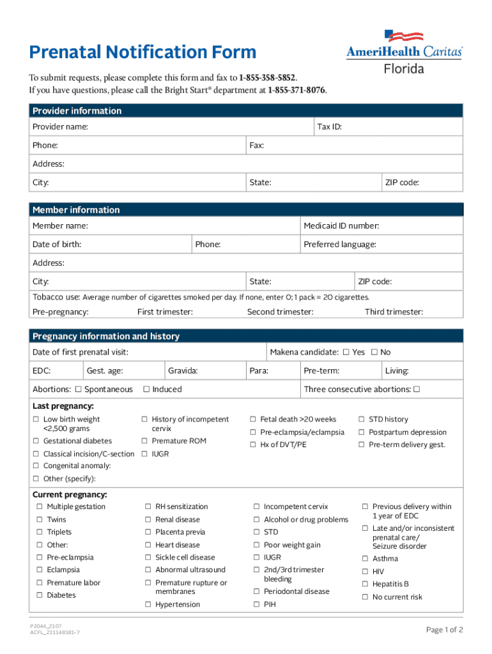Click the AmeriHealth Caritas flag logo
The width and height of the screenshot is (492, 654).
[404, 37]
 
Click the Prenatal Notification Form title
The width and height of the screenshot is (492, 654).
[142, 52]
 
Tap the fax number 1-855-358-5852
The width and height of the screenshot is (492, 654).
[267, 78]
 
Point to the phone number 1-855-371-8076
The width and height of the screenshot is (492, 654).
[296, 90]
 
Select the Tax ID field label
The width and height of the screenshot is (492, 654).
[329, 127]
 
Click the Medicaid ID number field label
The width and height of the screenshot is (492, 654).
[341, 226]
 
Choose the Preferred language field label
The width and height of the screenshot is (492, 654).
[339, 245]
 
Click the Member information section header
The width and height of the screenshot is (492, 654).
[76, 209]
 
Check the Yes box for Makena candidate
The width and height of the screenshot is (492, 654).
[346, 353]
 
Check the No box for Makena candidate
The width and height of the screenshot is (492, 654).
[374, 353]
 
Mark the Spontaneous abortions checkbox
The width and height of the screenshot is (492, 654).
[78, 390]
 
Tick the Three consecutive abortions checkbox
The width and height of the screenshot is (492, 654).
[417, 390]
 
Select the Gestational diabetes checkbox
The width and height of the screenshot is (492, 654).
[36, 441]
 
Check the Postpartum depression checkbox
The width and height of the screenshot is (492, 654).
[362, 432]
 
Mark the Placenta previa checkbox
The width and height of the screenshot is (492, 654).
[148, 532]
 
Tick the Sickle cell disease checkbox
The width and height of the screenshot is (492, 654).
[148, 558]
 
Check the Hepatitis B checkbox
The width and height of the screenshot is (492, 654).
[365, 584]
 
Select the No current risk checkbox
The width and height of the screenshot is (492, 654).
[365, 597]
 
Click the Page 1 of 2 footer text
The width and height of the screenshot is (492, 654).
[444, 630]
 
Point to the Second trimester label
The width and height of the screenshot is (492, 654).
[280, 312]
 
